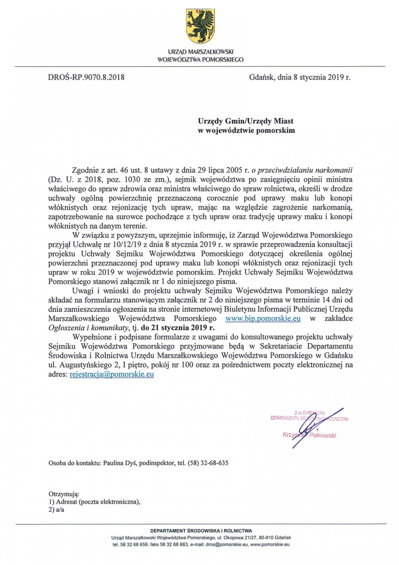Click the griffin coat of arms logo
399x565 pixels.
coord(200,26)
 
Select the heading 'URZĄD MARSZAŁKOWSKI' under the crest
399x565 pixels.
coord(200,52)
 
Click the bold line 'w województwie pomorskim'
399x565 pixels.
coord(247,131)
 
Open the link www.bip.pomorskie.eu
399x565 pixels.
coord(263,318)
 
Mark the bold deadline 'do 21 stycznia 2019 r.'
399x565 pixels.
coord(178,328)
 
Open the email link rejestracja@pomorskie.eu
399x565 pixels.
coord(111,374)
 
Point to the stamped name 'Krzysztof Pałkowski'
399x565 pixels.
coord(309,435)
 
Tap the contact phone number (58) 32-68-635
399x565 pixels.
coord(208,463)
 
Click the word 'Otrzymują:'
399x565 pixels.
coord(61,494)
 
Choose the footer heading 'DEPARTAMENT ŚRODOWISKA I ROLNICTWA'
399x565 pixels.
coord(201,531)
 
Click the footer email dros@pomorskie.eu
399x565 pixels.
coord(228,545)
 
